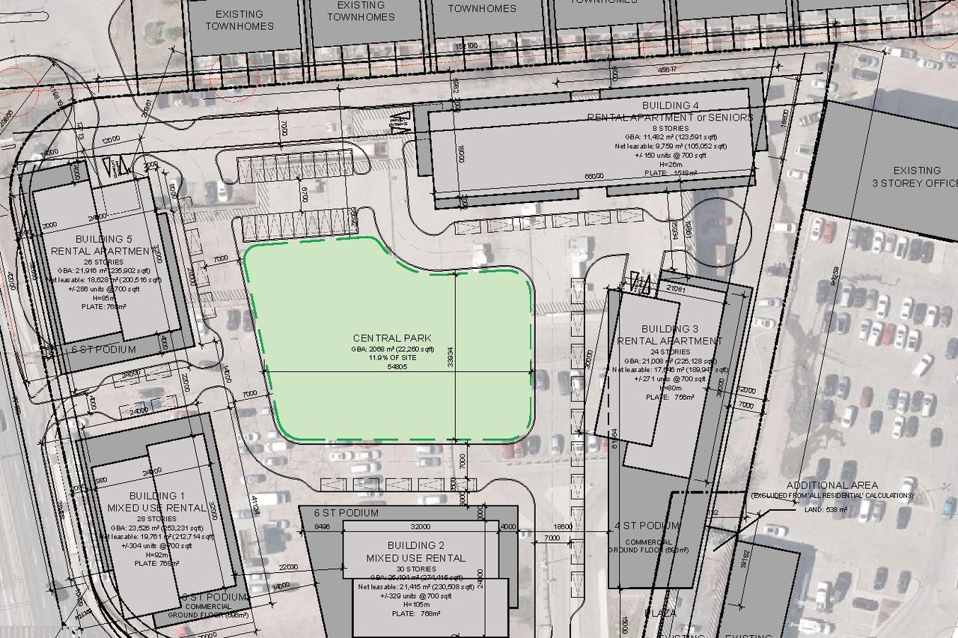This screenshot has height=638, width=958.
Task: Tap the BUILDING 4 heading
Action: coord(671,106)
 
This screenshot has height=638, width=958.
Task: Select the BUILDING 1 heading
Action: coord(156,496)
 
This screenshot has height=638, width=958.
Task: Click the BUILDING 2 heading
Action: coord(415,545)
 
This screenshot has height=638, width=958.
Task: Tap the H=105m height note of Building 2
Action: coord(414,604)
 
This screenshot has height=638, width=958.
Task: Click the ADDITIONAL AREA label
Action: coord(832,485)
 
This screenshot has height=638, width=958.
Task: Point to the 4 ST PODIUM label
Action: coord(647,526)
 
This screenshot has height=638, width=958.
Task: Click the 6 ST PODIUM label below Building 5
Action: coord(104,350)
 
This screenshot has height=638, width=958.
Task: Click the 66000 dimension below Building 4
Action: coord(594,176)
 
